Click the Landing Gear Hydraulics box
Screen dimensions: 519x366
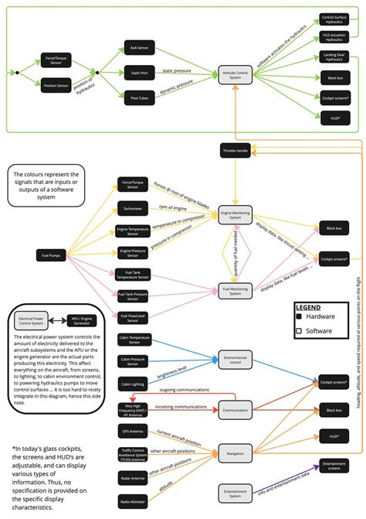click(x=333, y=57)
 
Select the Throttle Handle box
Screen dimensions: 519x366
click(x=234, y=150)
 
